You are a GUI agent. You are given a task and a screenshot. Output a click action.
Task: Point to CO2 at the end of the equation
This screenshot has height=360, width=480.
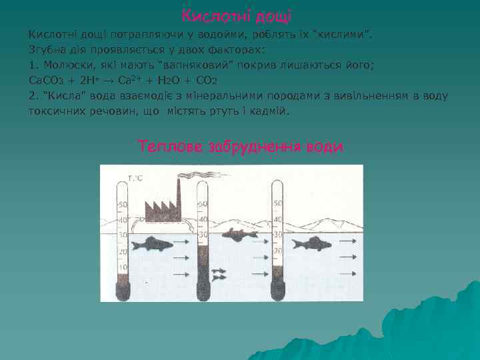209,80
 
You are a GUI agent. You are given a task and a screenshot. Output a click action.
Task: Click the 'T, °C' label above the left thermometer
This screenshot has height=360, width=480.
135,179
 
